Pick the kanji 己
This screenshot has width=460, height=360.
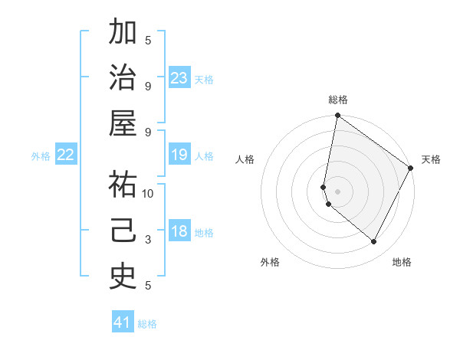(x=123, y=231)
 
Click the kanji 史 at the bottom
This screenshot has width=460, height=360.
(x=123, y=277)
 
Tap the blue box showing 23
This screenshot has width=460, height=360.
(x=179, y=78)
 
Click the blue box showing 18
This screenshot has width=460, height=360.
(x=179, y=232)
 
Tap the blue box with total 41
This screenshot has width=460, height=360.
(x=123, y=322)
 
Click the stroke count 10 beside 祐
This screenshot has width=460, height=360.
(x=148, y=194)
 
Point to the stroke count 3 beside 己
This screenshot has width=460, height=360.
(x=148, y=240)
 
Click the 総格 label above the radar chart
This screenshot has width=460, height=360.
(x=338, y=100)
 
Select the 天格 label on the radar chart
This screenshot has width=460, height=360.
(x=431, y=159)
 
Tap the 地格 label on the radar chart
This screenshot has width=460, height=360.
(x=402, y=262)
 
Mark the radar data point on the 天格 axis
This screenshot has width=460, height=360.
(x=412, y=169)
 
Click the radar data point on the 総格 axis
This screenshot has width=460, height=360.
(x=337, y=116)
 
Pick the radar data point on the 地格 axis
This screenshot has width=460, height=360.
(x=373, y=241)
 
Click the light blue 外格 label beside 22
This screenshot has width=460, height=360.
(x=41, y=156)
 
